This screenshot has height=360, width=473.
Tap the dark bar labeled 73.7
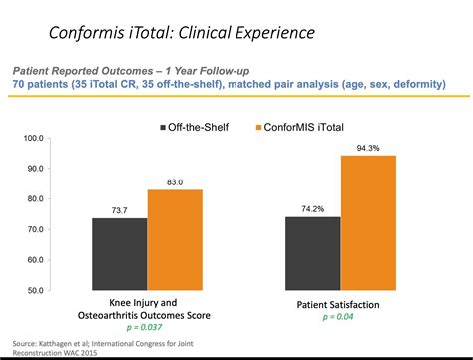click(x=120, y=254)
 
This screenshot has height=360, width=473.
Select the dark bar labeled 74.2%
click(x=313, y=253)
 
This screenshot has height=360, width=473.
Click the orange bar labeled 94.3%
click(x=367, y=222)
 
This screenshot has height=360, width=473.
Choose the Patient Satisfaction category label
click(x=339, y=303)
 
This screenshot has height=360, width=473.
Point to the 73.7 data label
click(x=120, y=209)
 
